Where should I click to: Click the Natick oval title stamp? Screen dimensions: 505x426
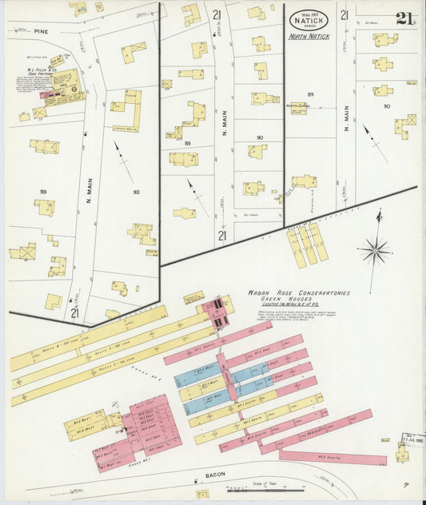309,18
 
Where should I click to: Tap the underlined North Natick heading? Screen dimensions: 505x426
309,37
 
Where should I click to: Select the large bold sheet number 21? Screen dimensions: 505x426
404,18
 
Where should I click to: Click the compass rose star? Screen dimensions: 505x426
375,250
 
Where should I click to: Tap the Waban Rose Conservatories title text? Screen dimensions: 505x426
300,293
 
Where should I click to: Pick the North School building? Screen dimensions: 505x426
299,109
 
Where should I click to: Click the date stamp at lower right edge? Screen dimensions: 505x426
412,440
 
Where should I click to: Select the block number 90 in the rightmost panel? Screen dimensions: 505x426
387,105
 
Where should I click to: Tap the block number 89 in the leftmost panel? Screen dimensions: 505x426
43,192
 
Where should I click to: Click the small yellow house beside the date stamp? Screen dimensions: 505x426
402,455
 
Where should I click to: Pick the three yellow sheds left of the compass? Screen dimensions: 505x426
307,245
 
